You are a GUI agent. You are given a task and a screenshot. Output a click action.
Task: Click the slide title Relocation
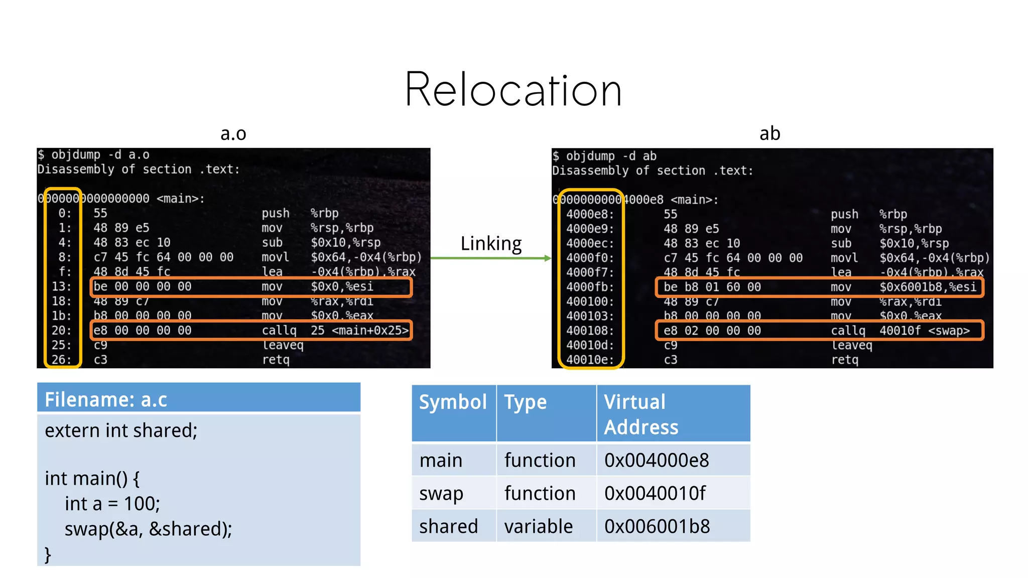[x=513, y=90]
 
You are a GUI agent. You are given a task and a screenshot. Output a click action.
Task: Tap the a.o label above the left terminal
[x=233, y=134]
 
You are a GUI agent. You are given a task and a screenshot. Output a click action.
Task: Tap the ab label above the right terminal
[x=769, y=134]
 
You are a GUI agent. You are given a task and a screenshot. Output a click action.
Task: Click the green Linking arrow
[x=491, y=258]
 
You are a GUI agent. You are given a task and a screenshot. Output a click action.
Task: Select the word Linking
[x=491, y=243]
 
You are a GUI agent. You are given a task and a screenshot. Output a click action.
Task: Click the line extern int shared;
[x=121, y=430]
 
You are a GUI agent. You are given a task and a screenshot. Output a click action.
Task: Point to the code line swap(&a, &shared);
[x=148, y=529]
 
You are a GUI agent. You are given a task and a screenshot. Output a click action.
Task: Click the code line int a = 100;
[x=112, y=504]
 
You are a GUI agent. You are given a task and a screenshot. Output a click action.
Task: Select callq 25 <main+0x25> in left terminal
[x=334, y=331]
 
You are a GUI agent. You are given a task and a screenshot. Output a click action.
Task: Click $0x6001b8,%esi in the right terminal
[x=928, y=287]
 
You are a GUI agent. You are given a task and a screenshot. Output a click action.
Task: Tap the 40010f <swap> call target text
[x=924, y=331]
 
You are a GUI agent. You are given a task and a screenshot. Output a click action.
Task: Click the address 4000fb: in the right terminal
[x=590, y=287]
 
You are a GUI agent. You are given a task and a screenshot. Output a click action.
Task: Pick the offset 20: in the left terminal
[x=61, y=331]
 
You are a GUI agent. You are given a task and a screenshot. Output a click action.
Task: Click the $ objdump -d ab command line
[x=604, y=156]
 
